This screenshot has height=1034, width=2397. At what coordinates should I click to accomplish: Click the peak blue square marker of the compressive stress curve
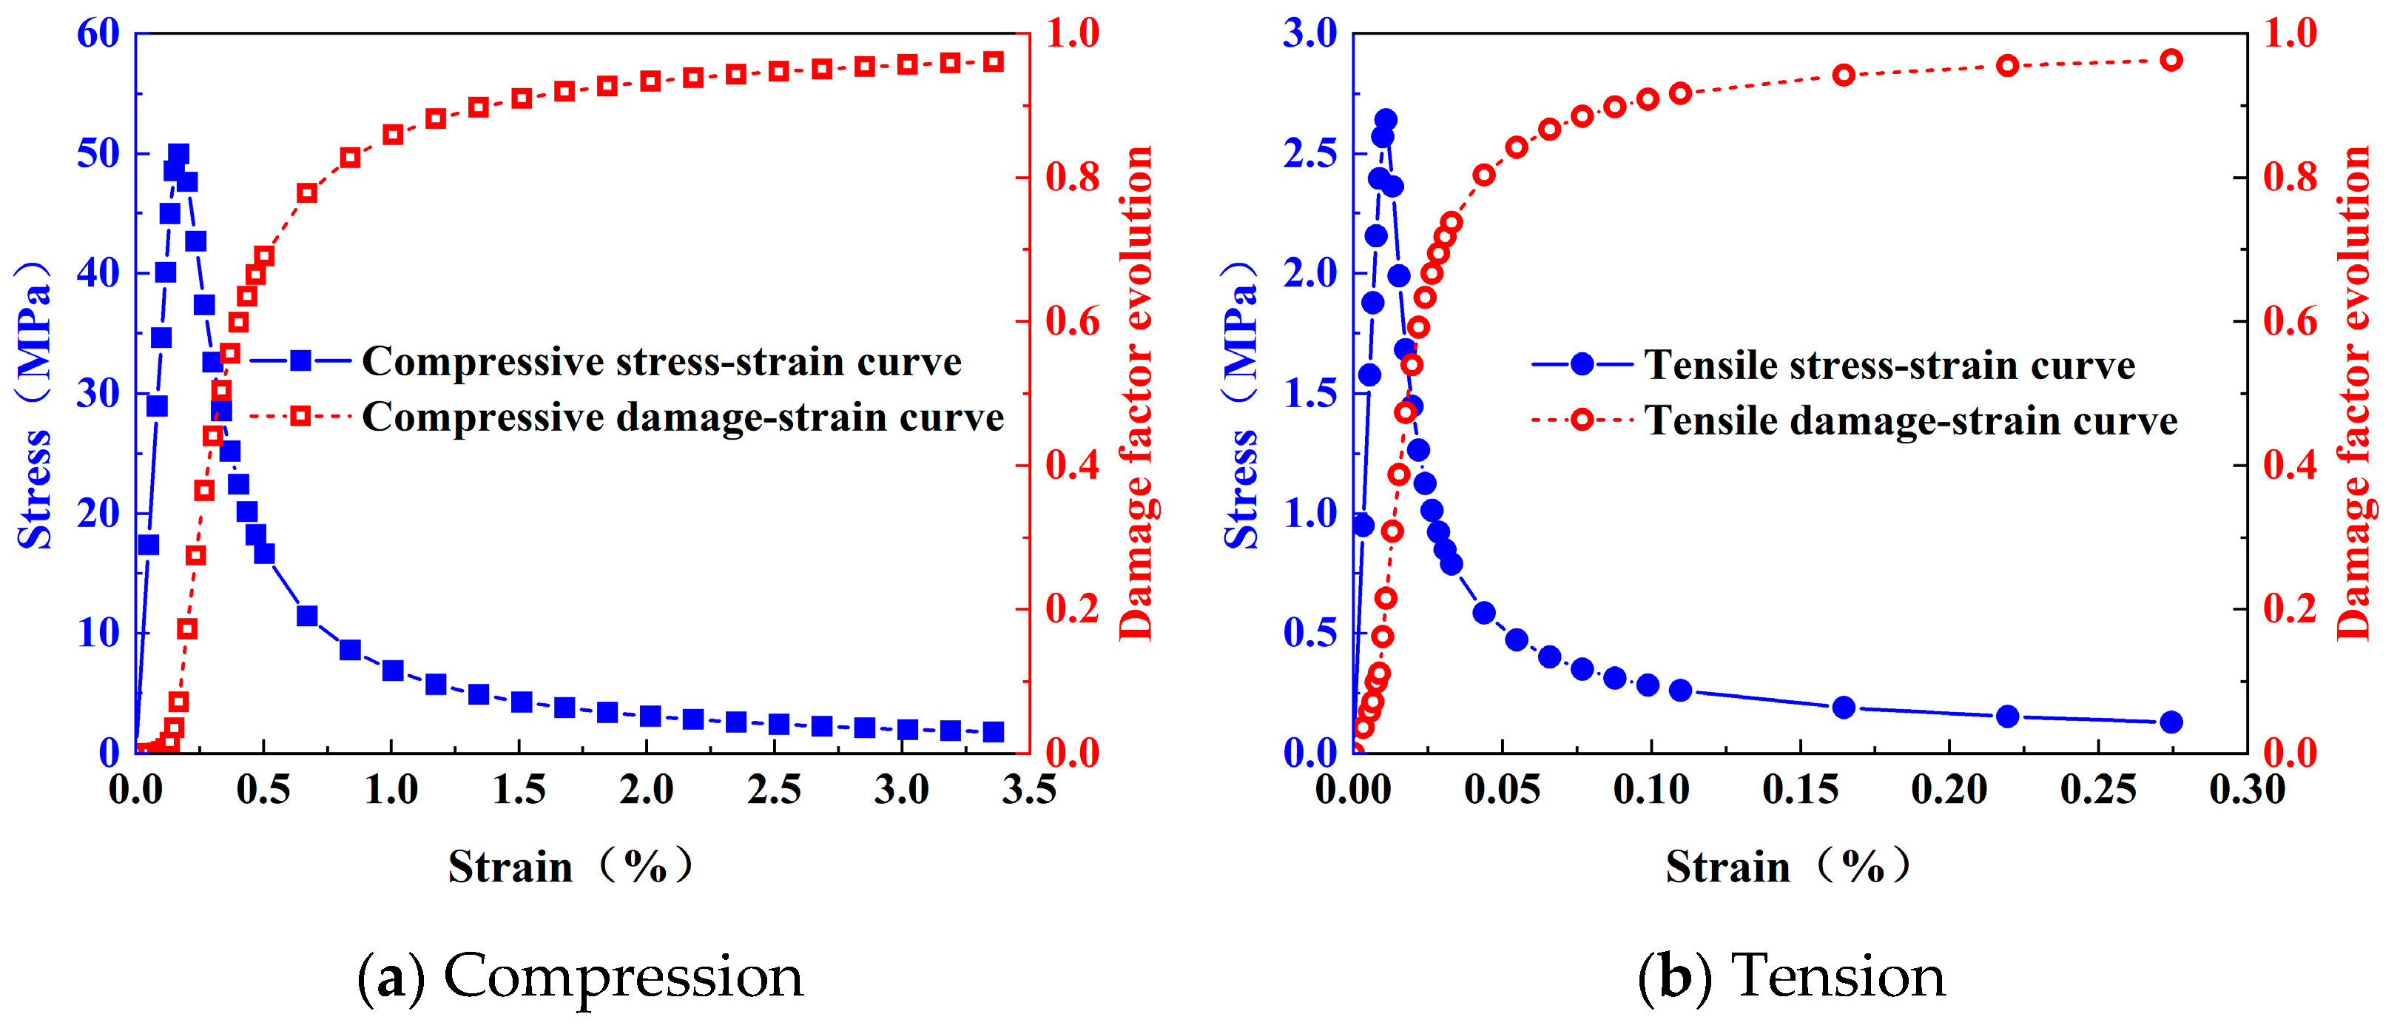pyautogui.click(x=178, y=153)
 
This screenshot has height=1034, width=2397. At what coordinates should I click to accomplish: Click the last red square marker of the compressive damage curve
pyautogui.click(x=994, y=62)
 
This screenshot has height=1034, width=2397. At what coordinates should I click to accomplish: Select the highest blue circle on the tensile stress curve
pyautogui.click(x=1386, y=120)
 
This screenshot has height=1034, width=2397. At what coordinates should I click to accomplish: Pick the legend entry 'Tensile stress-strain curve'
pyautogui.click(x=1834, y=365)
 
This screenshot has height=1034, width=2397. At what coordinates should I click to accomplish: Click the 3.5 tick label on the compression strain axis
pyautogui.click(x=1029, y=790)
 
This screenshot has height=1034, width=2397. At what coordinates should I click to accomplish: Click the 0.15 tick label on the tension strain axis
pyautogui.click(x=1801, y=790)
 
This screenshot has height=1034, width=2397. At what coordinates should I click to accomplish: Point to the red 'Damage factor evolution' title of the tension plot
pyautogui.click(x=2355, y=393)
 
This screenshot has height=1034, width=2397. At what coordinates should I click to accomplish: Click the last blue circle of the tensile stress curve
pyautogui.click(x=2171, y=722)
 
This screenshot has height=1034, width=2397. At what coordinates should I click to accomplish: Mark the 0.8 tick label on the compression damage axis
pyautogui.click(x=1073, y=177)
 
